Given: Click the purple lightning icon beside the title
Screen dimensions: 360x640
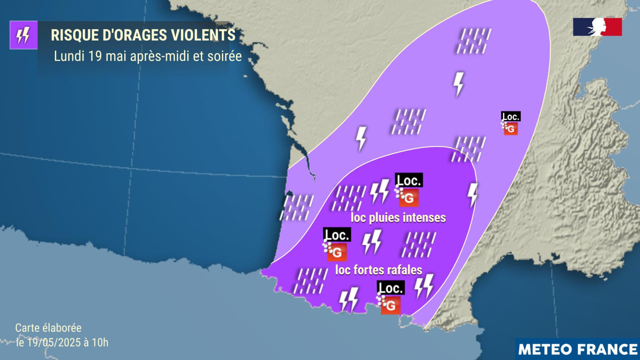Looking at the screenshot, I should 23,35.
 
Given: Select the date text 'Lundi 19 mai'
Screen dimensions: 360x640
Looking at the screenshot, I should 90,56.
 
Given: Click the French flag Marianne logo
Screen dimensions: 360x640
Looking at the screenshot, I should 597,27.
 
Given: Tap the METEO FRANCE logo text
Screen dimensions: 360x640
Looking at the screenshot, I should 578,349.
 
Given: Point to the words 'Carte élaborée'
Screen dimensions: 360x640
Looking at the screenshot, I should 48,328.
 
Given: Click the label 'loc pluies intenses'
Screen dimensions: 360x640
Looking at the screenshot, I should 398,218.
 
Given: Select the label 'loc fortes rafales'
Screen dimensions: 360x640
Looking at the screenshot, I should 379,270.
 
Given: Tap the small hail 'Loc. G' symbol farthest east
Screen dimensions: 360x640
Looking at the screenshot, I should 510,124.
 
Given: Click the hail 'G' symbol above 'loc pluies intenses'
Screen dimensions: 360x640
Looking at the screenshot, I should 408,197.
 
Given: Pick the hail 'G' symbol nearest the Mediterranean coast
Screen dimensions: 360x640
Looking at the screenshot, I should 390,305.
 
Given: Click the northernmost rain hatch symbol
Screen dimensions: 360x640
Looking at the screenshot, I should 474,41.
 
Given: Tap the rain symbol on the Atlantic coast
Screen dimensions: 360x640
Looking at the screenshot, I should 297,208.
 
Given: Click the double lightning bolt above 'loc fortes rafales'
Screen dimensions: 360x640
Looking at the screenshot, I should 372,242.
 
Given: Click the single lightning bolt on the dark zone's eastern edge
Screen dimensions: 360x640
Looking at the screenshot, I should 473,195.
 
